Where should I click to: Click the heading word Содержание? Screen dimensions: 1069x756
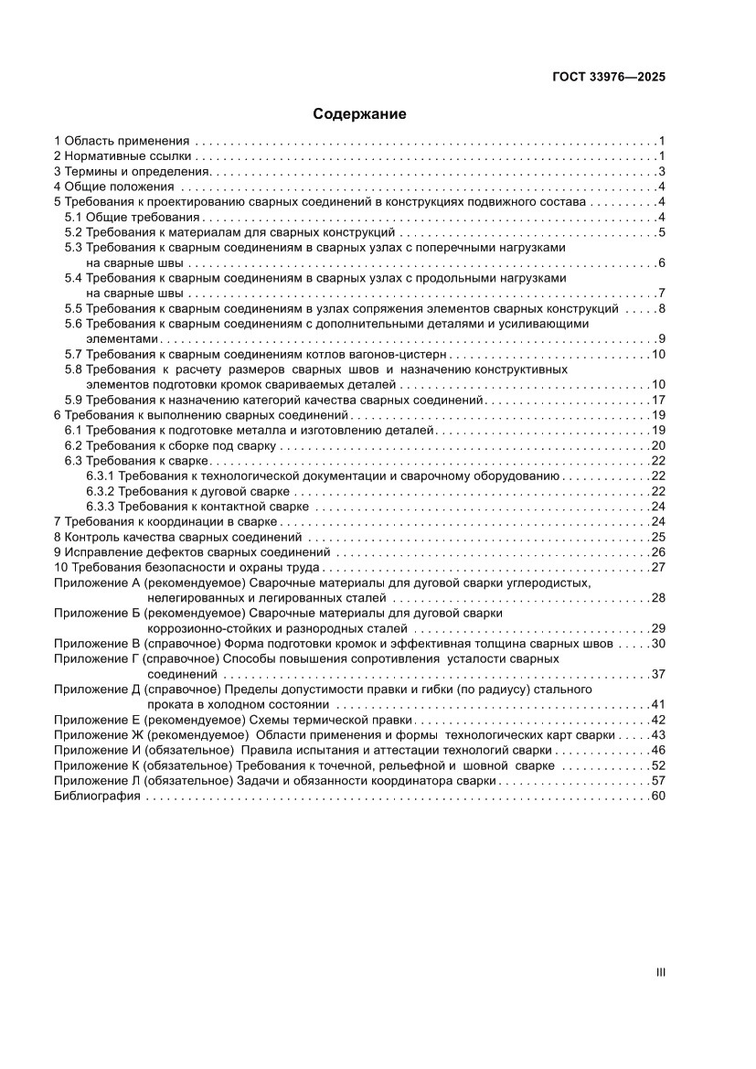click(x=359, y=114)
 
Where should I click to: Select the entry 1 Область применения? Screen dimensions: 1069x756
click(x=122, y=141)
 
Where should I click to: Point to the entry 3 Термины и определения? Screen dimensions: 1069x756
click(x=132, y=172)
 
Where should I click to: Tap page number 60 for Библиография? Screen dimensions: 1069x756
click(x=657, y=796)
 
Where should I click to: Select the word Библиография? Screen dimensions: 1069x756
click(x=97, y=796)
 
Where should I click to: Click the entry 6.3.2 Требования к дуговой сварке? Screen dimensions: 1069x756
click(x=188, y=491)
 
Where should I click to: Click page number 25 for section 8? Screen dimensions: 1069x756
click(x=657, y=537)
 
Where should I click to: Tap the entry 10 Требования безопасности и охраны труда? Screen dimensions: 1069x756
click(x=175, y=567)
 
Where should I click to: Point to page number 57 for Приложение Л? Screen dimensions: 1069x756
click(x=657, y=781)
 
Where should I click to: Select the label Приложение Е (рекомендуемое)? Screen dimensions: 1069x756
click(x=150, y=720)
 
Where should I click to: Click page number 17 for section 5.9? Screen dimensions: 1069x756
click(x=657, y=400)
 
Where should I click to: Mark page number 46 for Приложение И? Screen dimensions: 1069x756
click(x=657, y=750)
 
